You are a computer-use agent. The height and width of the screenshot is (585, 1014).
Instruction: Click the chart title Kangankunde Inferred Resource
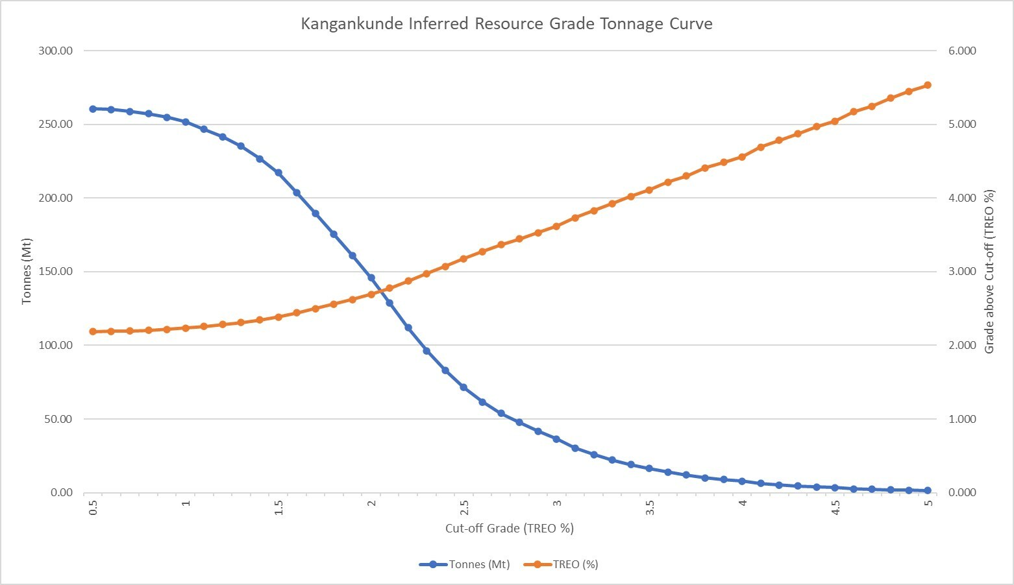(506, 24)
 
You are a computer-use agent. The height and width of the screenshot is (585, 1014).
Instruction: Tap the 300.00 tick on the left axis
(56, 51)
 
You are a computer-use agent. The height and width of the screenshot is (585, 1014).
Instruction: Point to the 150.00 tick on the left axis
(56, 271)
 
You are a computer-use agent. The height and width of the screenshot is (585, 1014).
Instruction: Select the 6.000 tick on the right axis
(962, 51)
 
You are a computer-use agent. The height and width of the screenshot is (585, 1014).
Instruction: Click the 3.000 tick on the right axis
(962, 271)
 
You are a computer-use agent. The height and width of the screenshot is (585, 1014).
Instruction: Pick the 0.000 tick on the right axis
(962, 492)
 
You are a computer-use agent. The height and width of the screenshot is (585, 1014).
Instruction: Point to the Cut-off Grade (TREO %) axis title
(510, 528)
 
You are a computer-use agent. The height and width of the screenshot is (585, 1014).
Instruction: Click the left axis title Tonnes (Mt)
(27, 271)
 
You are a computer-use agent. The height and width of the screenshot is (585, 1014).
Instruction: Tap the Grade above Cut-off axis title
(989, 271)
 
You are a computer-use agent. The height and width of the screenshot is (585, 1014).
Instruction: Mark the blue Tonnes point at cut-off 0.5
(93, 109)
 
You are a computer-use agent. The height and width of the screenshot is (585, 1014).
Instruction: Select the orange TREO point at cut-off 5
(928, 85)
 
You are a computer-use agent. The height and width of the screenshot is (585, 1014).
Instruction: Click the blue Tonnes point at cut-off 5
(928, 490)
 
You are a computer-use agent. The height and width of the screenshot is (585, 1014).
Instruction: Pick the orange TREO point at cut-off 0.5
(93, 331)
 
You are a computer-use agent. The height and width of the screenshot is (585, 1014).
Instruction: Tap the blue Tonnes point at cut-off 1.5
(278, 173)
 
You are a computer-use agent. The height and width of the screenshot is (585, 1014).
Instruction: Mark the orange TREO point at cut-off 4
(742, 157)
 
